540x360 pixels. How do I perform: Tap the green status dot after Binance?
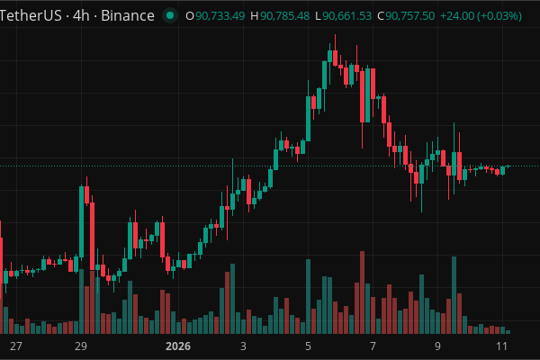[169, 15]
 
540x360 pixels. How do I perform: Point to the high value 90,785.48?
[285, 15]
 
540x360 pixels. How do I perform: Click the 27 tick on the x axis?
[15, 346]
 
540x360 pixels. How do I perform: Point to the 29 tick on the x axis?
[80, 346]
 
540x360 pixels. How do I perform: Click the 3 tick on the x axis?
[243, 346]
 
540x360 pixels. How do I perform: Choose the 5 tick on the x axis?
[308, 346]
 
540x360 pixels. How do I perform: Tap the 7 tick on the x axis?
[373, 346]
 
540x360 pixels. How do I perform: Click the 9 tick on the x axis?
[437, 346]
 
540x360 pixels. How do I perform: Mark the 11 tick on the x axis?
[501, 346]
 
